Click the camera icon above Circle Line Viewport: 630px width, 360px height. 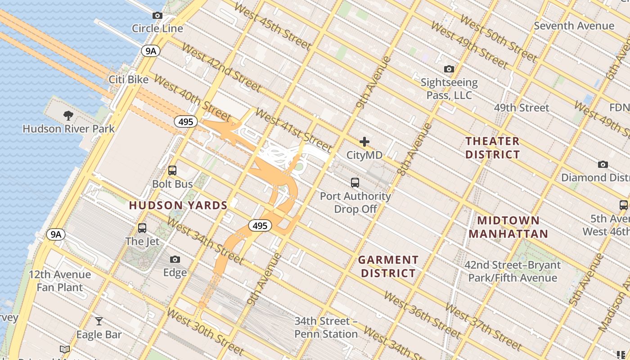(157, 16)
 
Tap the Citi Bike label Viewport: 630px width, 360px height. (129, 80)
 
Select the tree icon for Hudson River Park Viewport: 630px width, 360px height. (68, 116)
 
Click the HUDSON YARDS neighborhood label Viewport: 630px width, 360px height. (178, 206)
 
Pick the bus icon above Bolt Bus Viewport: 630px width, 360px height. (172, 171)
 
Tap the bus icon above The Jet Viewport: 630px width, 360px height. (142, 228)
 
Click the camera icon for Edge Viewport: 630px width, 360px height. (175, 260)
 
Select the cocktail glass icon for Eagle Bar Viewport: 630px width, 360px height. (99, 321)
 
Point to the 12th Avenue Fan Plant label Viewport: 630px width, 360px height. (60, 281)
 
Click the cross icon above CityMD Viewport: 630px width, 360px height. (364, 142)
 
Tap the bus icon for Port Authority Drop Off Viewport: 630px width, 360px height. (355, 183)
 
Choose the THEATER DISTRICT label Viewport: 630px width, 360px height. (492, 148)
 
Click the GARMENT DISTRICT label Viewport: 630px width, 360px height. (388, 266)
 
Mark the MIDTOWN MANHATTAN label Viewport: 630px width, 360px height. (508, 227)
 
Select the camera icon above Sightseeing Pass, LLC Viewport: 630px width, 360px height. (449, 69)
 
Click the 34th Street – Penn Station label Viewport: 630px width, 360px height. (326, 328)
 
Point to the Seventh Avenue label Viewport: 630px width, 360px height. (574, 26)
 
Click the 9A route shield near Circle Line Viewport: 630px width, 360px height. (151, 51)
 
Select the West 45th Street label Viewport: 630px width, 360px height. (273, 27)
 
